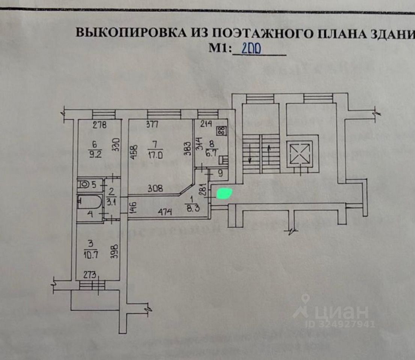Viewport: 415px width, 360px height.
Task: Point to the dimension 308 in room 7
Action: pos(155,188)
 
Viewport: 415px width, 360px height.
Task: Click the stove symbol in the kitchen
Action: pos(221,131)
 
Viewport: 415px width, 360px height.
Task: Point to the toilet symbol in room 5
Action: pos(84,184)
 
